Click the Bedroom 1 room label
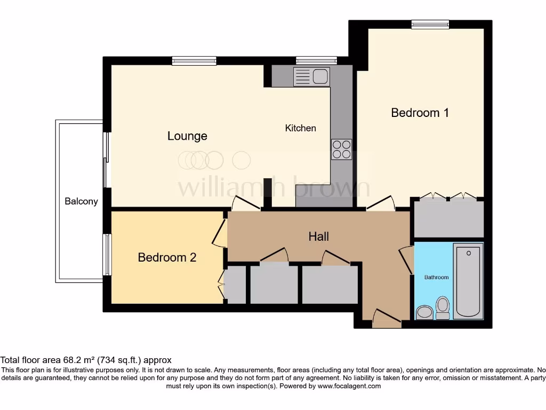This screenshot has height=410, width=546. [x=420, y=113]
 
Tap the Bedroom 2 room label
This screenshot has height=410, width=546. [x=167, y=257]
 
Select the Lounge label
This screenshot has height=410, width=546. [x=187, y=136]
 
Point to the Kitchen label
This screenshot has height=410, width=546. [x=301, y=128]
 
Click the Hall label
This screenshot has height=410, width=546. [x=318, y=236]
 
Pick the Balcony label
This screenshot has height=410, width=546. [x=81, y=201]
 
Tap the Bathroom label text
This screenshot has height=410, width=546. [x=436, y=277]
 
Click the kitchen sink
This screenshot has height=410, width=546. [x=312, y=77]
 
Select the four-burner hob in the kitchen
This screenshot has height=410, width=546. [x=341, y=149]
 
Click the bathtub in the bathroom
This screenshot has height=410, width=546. [x=468, y=281]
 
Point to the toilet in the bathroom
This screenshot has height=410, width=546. [x=443, y=308]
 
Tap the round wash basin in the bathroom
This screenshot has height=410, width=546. [x=424, y=312]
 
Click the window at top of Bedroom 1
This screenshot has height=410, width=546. [x=430, y=24]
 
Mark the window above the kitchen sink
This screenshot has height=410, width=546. [x=316, y=60]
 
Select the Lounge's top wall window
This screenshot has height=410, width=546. [x=194, y=60]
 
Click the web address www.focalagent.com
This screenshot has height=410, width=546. [x=350, y=386]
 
